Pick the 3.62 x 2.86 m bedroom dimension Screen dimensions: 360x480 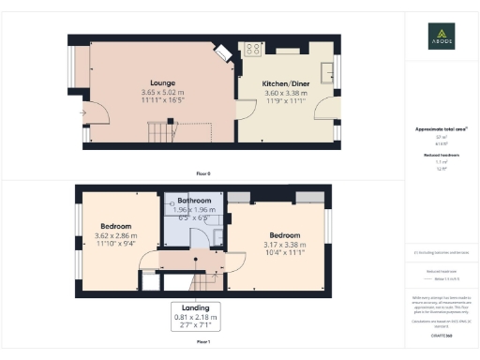(115, 235)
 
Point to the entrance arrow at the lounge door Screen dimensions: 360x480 (83, 114)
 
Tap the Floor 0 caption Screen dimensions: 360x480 (203, 174)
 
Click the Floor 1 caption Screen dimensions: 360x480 (203, 342)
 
